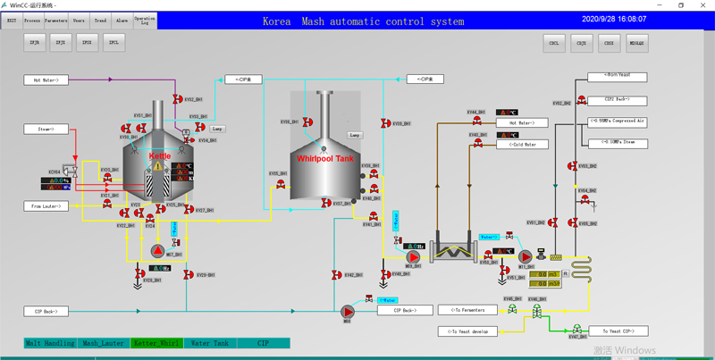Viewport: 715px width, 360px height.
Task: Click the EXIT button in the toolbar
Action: pos(12,20)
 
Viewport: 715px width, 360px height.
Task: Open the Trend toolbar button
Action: pos(100,20)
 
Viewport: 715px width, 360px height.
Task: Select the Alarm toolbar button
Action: pos(122,20)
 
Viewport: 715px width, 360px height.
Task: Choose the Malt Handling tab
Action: pos(50,343)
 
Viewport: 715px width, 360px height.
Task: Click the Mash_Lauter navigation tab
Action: pos(103,343)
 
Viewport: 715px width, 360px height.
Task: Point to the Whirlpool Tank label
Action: pos(326,158)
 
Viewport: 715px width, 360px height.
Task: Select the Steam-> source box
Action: pos(46,130)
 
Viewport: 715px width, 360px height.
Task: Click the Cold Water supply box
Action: pos(527,144)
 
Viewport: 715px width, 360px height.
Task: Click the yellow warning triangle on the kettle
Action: pos(158,166)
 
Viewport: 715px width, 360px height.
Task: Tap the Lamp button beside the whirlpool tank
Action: pos(355,135)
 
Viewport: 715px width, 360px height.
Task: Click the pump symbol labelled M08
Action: pos(348,311)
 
